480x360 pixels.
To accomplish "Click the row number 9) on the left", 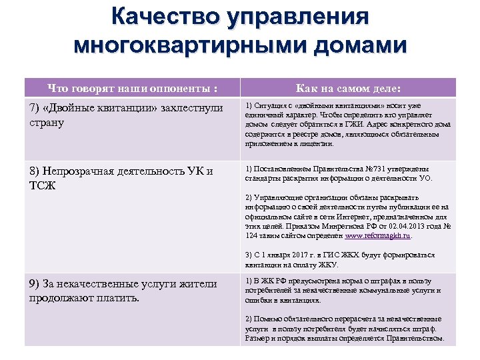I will point(34,284).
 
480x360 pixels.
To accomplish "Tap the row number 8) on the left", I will point(34,171).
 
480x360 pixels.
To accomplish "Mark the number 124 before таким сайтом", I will point(251,235).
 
